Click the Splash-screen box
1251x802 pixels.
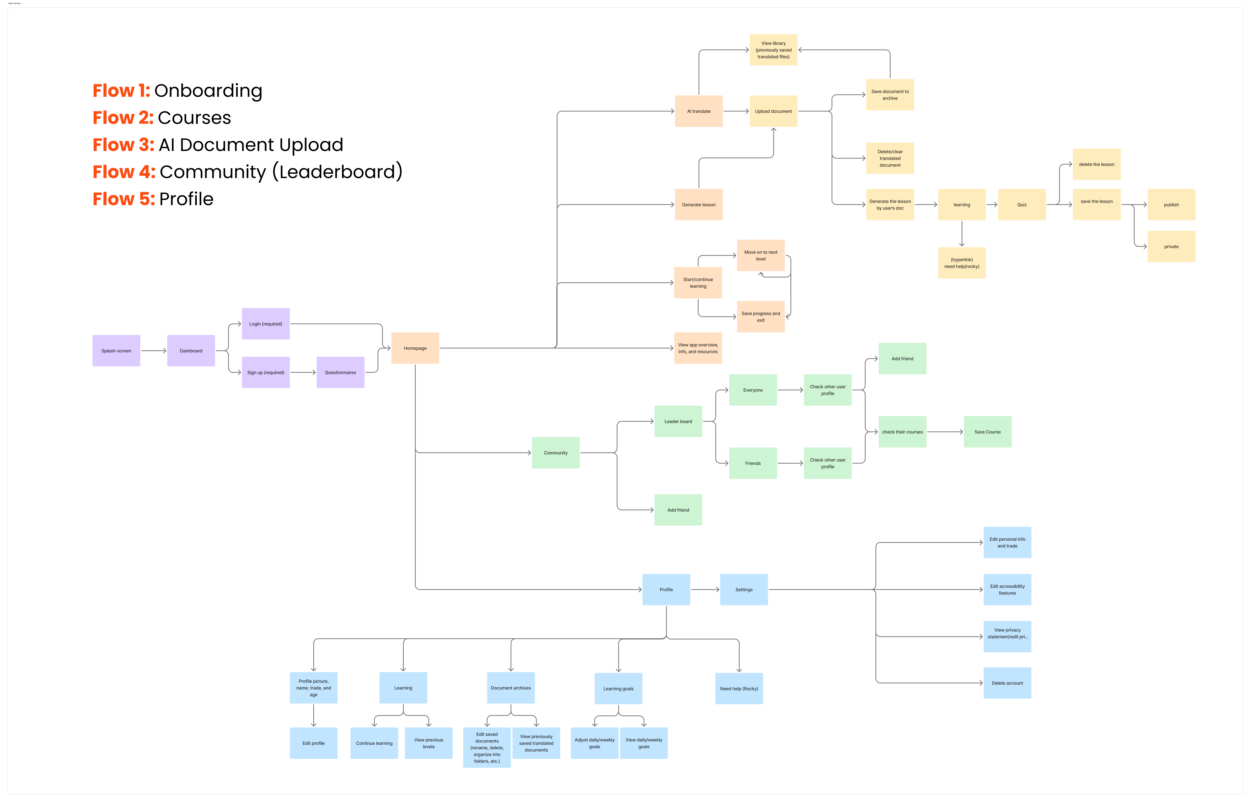pos(116,351)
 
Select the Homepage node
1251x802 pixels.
pos(415,348)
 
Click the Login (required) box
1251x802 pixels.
pos(265,324)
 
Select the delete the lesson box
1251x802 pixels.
pos(1096,164)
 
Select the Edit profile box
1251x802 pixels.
pos(313,743)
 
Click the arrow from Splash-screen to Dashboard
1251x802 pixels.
pos(154,351)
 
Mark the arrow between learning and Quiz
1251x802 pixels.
pos(992,205)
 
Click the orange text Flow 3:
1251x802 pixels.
pos(123,145)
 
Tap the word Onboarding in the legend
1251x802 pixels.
pos(208,91)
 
